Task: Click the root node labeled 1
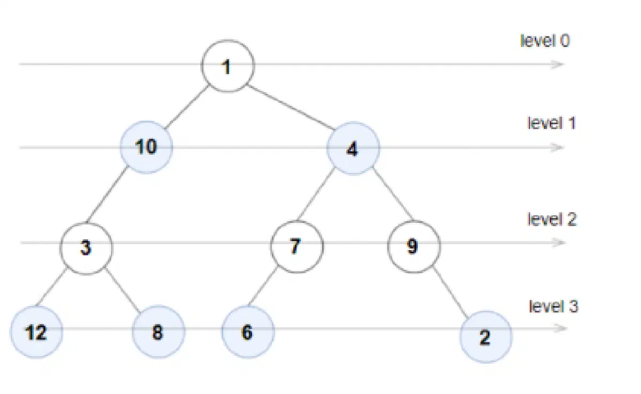click(228, 66)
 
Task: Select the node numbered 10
click(146, 147)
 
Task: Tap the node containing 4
click(353, 148)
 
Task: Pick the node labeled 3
click(87, 248)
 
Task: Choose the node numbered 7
click(297, 246)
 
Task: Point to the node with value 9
click(414, 246)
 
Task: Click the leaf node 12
click(37, 332)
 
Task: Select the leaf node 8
click(159, 332)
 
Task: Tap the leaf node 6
click(248, 332)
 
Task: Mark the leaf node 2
click(486, 336)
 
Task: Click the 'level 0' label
click(545, 41)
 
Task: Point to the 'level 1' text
click(551, 123)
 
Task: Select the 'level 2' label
click(552, 220)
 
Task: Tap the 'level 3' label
click(553, 307)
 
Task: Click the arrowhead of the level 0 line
click(558, 65)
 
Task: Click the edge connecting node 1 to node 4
click(291, 107)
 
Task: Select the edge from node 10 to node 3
click(107, 194)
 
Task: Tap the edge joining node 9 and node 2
click(451, 292)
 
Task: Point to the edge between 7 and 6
click(263, 287)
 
